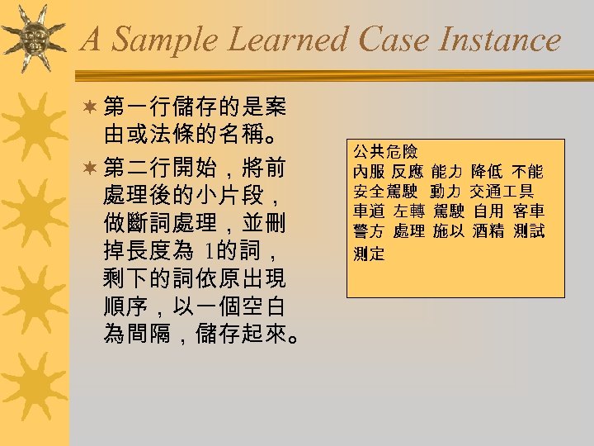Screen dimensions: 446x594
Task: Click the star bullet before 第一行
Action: [89, 107]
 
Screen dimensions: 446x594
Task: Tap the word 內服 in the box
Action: [369, 172]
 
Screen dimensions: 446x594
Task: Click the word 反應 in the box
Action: [408, 172]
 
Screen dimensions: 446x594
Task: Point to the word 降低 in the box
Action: [488, 172]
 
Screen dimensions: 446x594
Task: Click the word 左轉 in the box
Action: [408, 211]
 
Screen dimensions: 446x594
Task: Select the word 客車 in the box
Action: [528, 211]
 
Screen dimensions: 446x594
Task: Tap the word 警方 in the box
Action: [369, 231]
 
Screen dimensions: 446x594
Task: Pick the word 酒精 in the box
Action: [488, 231]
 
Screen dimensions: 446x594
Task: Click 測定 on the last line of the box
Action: [369, 254]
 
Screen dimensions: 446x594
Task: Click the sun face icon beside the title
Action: [35, 36]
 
